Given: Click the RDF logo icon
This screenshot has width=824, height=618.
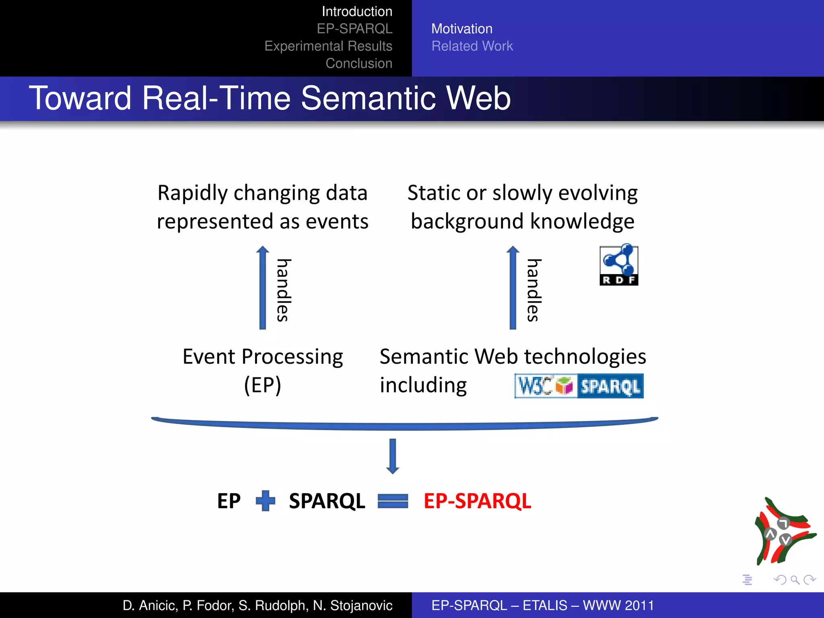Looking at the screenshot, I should click(x=619, y=265).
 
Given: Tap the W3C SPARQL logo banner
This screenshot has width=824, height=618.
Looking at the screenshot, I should click(x=579, y=386).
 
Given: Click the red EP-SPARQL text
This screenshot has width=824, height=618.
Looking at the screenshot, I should click(x=477, y=501).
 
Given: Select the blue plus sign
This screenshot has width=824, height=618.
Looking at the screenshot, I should click(x=266, y=501).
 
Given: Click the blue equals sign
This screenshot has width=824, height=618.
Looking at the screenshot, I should click(x=393, y=501).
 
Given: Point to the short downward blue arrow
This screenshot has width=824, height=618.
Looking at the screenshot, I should click(x=393, y=456).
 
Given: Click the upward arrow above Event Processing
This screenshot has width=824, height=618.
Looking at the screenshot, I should click(x=263, y=288).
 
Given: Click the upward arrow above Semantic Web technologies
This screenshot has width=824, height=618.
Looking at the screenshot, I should click(x=513, y=288).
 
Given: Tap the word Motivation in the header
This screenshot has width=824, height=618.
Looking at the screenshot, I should click(x=461, y=29).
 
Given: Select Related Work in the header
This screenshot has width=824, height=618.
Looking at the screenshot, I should click(x=472, y=46).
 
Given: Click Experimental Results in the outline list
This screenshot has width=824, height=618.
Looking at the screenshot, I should click(x=328, y=46).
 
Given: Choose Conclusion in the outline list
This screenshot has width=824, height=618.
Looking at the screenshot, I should click(x=359, y=64).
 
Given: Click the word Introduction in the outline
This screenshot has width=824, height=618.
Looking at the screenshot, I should click(x=357, y=12).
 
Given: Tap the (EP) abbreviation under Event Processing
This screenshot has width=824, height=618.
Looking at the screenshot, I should click(x=262, y=385).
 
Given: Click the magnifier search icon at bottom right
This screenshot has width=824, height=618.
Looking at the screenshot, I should click(x=795, y=580).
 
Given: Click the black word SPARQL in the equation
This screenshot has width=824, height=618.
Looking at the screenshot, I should click(x=327, y=501).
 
